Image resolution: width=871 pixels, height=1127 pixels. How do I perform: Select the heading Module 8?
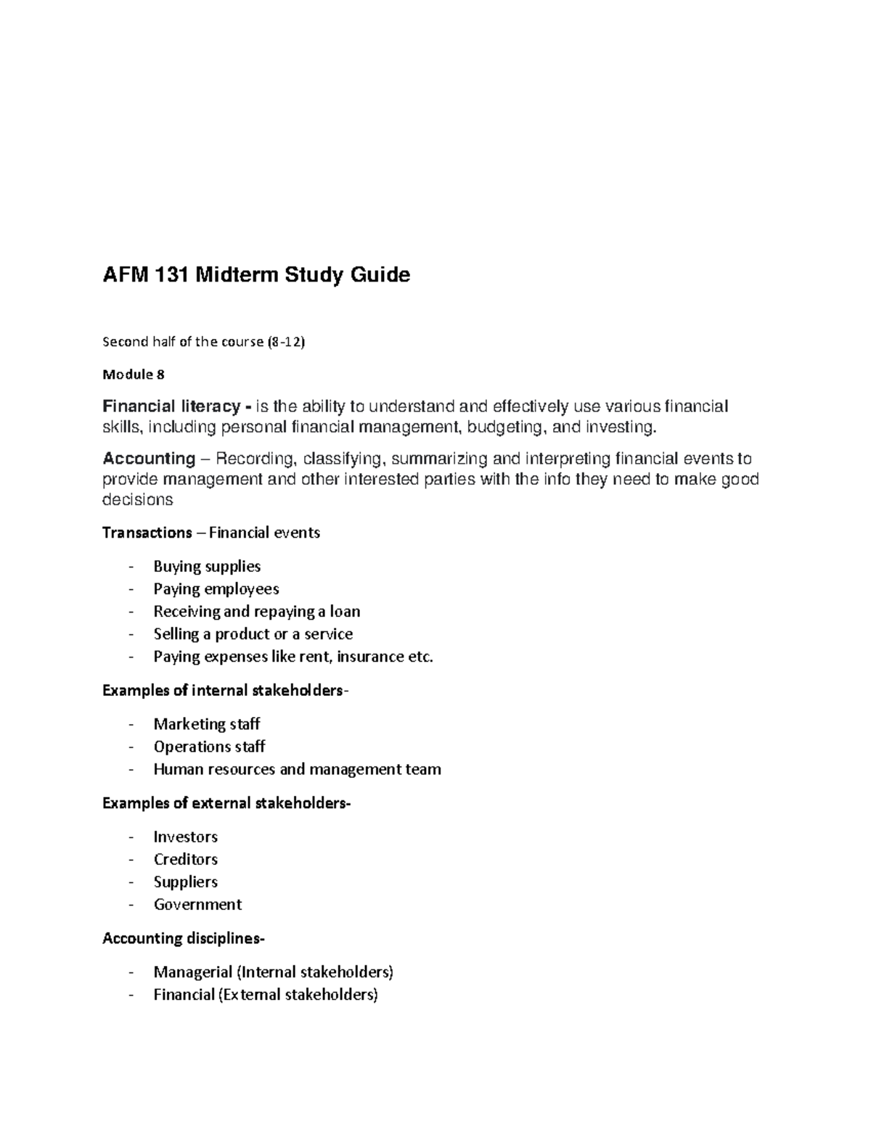[134, 374]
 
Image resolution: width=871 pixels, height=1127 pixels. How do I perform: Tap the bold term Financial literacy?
[171, 406]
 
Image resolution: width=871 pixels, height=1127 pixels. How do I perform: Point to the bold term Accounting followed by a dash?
[149, 459]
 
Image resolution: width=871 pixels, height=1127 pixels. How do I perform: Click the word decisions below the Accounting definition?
[138, 500]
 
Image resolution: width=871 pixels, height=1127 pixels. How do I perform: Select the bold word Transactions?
[147, 533]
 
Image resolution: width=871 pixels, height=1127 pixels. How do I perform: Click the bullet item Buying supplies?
[207, 567]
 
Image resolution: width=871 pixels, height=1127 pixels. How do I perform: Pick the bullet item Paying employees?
[216, 589]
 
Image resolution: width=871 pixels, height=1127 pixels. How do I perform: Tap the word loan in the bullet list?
[345, 612]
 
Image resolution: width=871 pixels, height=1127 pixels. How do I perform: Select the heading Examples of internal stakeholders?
[222, 690]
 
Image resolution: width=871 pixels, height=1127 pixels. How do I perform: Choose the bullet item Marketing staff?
[207, 724]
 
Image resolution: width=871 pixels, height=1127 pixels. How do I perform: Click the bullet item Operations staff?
[209, 747]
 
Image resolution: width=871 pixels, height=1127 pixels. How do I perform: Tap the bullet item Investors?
[186, 837]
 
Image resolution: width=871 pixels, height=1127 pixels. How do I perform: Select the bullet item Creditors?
[186, 860]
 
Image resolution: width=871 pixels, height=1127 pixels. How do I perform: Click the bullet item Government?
[197, 905]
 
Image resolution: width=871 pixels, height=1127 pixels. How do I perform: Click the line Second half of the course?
[204, 342]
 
